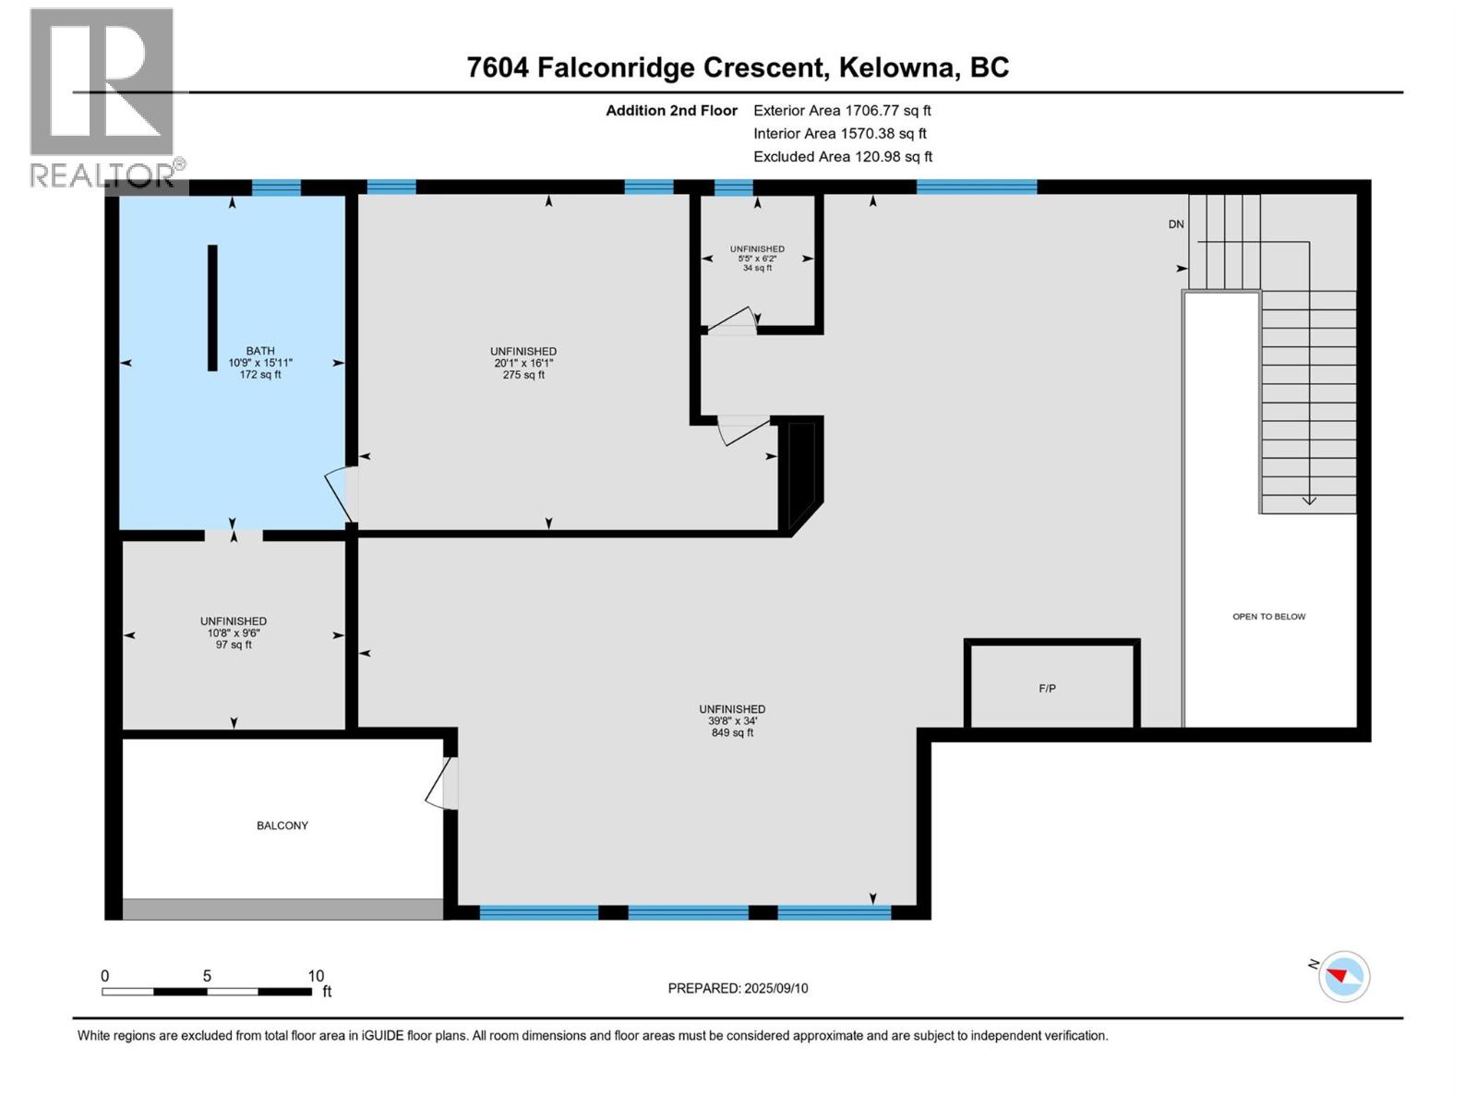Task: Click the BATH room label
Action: pyautogui.click(x=260, y=351)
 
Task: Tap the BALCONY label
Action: pyautogui.click(x=282, y=825)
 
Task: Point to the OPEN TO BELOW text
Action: pyautogui.click(x=1269, y=616)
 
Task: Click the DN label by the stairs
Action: pyautogui.click(x=1176, y=224)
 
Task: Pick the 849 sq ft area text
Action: pyautogui.click(x=733, y=732)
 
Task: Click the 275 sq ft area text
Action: pyautogui.click(x=523, y=375)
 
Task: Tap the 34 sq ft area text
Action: pyautogui.click(x=758, y=268)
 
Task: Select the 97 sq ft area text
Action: pyautogui.click(x=234, y=644)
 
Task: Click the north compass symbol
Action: pyautogui.click(x=1343, y=976)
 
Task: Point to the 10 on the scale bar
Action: pyautogui.click(x=316, y=975)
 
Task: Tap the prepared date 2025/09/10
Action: pyautogui.click(x=775, y=988)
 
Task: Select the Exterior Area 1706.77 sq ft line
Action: pyautogui.click(x=843, y=110)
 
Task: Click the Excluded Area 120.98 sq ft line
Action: pyautogui.click(x=843, y=157)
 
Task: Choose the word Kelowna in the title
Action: pyautogui.click(x=900, y=68)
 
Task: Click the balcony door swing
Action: pyautogui.click(x=441, y=783)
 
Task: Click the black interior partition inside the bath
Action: pyautogui.click(x=212, y=308)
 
